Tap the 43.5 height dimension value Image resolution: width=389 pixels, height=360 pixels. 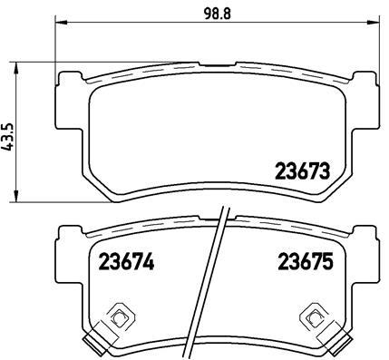point(8,133)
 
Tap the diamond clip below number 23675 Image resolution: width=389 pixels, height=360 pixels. point(312,316)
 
